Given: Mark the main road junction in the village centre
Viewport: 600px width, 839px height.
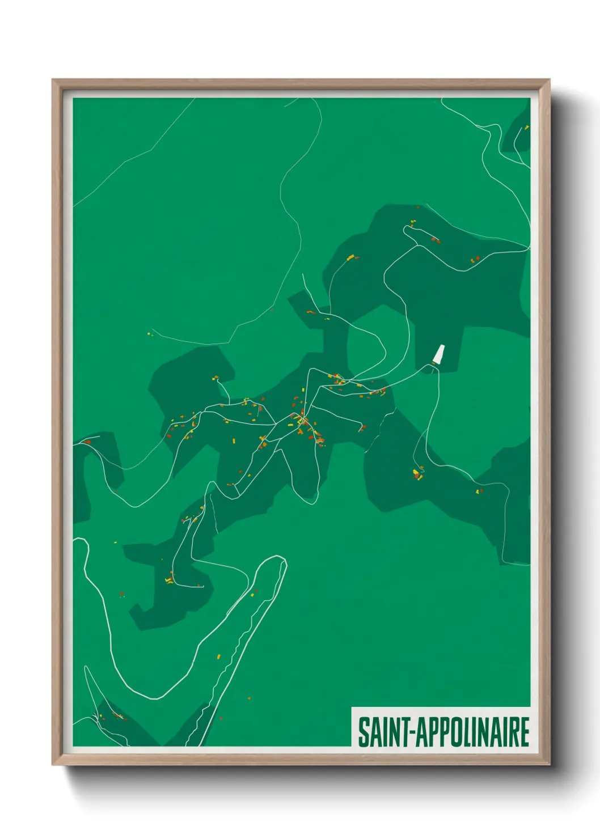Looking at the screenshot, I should tap(304, 419).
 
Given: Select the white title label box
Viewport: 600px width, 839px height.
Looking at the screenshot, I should tap(441, 727).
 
